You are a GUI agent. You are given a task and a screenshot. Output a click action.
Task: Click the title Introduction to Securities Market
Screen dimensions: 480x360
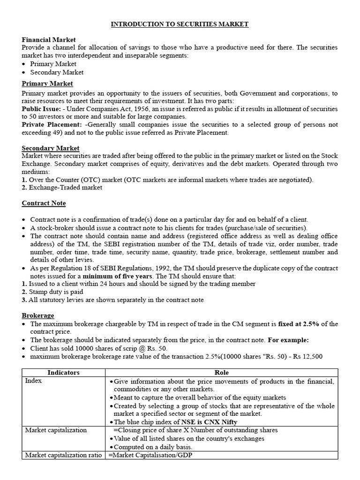point(180,24)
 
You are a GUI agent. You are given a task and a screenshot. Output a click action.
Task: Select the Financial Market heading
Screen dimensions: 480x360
point(49,40)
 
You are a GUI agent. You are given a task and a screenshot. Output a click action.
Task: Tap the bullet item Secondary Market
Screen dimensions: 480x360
point(57,72)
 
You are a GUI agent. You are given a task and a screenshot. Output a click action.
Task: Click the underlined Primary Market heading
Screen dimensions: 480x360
point(47,83)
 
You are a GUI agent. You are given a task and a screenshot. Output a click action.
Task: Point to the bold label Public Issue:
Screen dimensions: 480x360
point(41,109)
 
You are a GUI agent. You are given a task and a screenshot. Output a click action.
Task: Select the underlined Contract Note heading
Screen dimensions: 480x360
point(44,203)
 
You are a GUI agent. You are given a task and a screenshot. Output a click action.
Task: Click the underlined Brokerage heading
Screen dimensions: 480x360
point(38,315)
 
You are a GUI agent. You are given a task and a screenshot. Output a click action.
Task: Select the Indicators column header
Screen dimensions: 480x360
point(63,373)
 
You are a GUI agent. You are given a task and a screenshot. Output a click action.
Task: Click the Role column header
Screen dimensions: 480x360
point(221,373)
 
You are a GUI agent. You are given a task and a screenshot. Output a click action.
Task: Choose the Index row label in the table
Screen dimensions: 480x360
point(33,381)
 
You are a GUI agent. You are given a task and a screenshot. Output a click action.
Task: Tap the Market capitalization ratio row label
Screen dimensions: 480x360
point(63,455)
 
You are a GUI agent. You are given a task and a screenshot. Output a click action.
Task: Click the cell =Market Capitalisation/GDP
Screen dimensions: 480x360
point(150,455)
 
